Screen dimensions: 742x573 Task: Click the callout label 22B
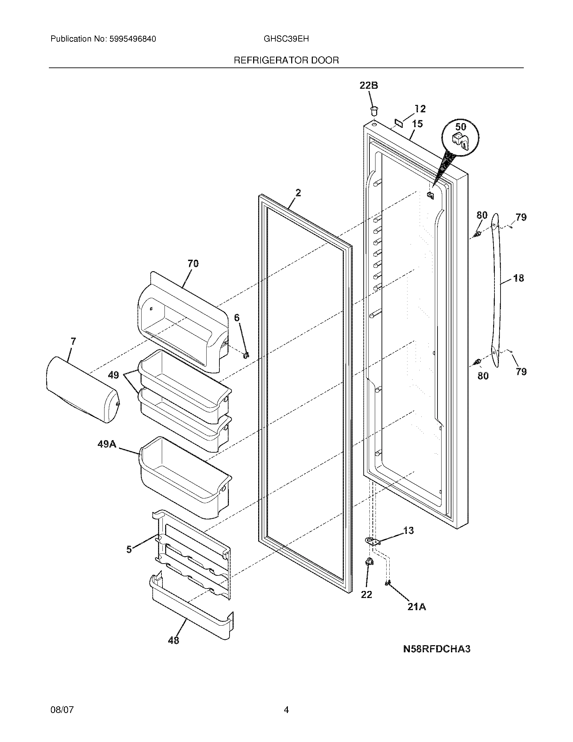(x=369, y=86)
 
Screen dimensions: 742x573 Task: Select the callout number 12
(x=420, y=109)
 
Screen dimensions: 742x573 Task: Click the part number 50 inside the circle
(x=460, y=127)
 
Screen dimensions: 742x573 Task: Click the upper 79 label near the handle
(x=521, y=217)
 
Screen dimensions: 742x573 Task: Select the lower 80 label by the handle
(x=483, y=376)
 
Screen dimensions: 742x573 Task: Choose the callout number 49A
(x=107, y=444)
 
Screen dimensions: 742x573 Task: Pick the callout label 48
(x=174, y=640)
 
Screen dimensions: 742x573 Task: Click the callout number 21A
(x=417, y=607)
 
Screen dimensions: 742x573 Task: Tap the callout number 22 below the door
(x=366, y=595)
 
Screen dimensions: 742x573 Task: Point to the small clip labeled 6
(x=246, y=355)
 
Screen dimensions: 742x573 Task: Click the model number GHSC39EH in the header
(x=286, y=39)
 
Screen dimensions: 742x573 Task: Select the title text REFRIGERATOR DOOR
(x=286, y=60)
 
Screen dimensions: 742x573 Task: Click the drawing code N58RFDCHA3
(x=436, y=649)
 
